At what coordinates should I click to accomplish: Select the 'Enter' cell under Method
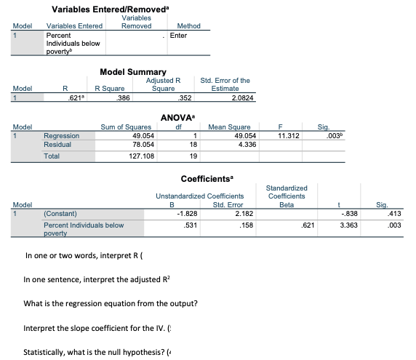178,35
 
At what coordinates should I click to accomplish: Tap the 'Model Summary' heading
132,73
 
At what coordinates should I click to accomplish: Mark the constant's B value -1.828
185,214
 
